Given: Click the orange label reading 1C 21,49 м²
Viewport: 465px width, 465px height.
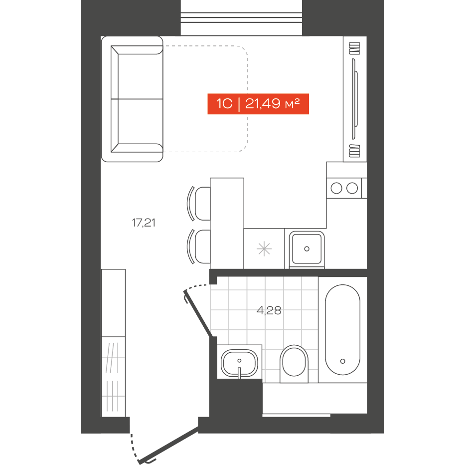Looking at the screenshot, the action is (258, 104).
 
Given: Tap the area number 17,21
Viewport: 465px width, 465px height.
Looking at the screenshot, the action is (144, 223).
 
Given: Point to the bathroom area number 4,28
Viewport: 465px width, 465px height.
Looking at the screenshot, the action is (269, 311).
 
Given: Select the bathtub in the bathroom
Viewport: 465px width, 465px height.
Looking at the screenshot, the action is (342, 330).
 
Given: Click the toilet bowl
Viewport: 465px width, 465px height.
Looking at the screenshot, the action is (294, 364).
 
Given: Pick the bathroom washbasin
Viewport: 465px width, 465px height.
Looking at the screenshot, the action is (239, 363).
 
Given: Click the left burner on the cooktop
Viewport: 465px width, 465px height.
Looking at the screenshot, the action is (336, 188).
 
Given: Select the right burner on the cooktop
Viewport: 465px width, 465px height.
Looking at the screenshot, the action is (352, 188).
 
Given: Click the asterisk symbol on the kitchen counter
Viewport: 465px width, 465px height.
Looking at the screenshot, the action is (264, 249).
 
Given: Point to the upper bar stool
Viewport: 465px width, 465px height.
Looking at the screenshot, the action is (199, 204).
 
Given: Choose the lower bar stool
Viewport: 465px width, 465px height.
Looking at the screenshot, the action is (199, 246).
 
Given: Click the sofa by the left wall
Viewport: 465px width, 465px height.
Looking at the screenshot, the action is (132, 99).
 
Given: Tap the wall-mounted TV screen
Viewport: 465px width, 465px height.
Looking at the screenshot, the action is (355, 99).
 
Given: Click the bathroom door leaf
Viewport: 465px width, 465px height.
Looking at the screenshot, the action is (198, 314).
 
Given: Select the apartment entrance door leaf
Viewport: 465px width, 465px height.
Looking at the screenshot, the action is (169, 445).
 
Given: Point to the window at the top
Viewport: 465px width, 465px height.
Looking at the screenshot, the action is (241, 17).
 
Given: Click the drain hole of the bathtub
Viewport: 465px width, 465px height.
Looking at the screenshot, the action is (342, 361).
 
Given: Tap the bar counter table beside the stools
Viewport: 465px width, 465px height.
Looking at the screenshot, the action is (227, 224).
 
